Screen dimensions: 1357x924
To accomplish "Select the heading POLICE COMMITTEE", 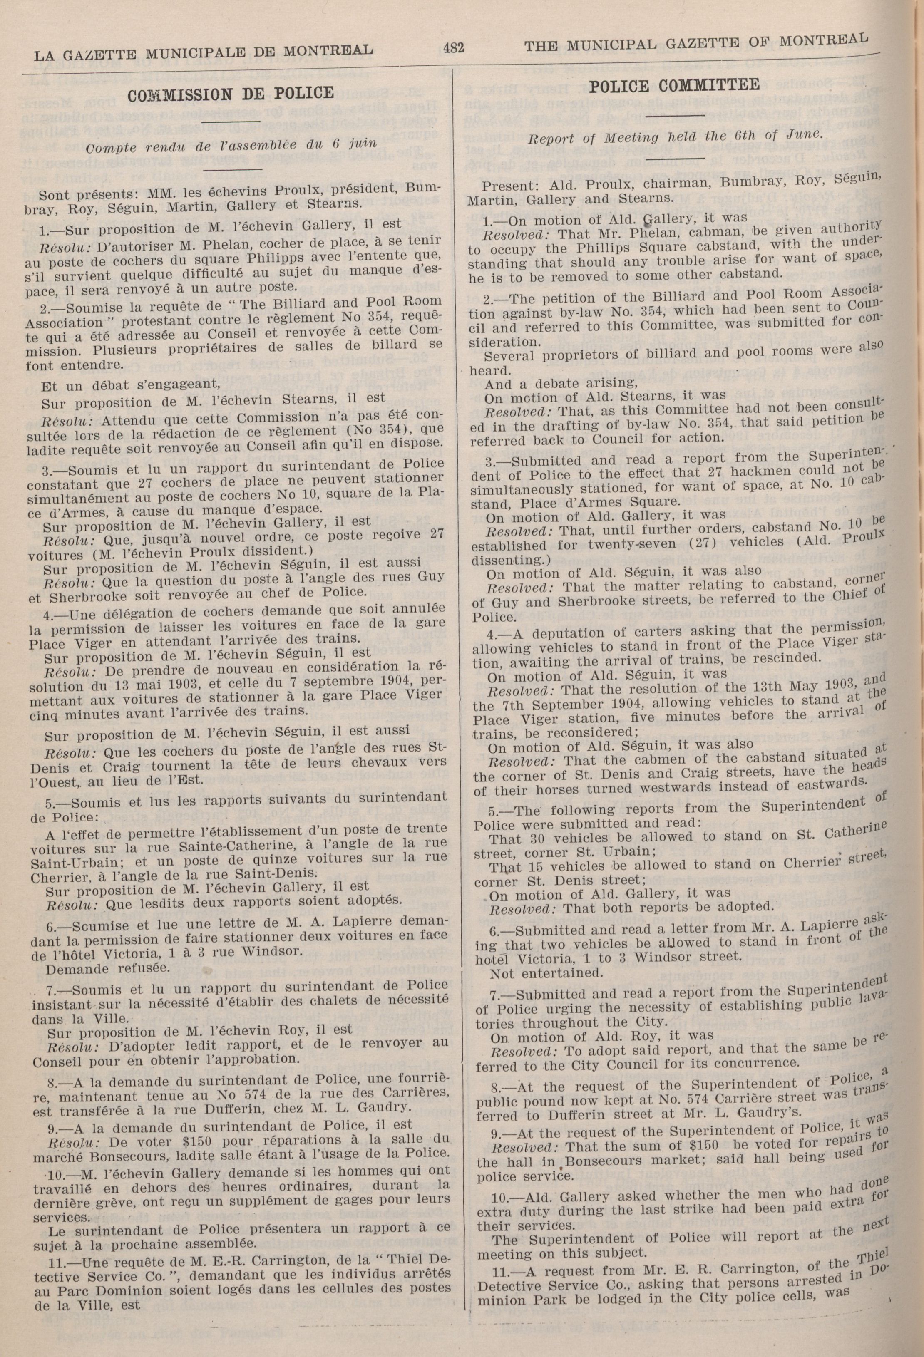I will [x=675, y=86].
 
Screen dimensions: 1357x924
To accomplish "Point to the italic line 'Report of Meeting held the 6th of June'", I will [x=675, y=136].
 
